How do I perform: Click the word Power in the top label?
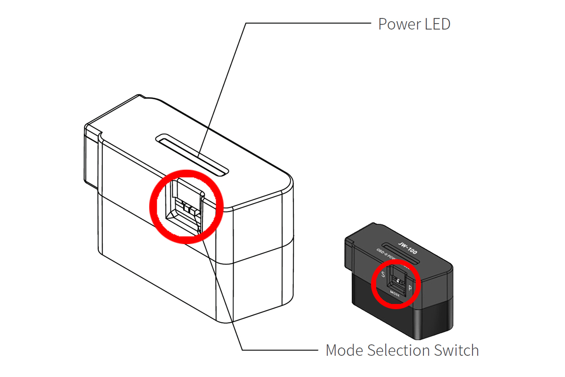396,24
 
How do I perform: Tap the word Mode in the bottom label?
345,350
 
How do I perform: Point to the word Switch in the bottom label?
456,350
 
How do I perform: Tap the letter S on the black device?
383,275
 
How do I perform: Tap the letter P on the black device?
411,287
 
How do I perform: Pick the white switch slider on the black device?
399,281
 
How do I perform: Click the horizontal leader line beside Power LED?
306,23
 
